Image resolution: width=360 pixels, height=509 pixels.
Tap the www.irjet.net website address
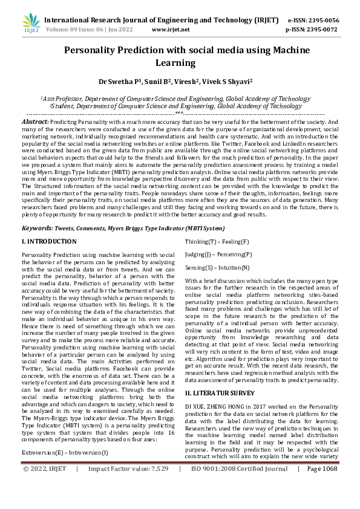(x=171, y=29)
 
